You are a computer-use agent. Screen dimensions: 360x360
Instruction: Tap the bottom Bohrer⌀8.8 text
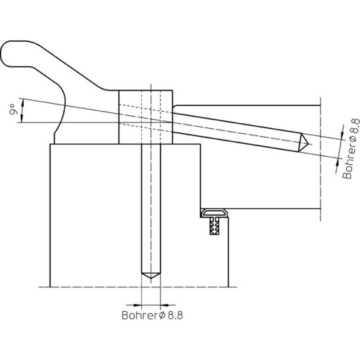[153, 315]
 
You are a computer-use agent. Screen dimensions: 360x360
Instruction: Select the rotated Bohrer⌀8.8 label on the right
[351, 149]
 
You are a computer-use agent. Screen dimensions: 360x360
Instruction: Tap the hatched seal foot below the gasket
[214, 225]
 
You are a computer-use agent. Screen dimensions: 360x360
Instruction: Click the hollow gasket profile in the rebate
[214, 212]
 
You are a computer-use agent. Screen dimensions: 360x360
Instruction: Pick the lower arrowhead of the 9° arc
[22, 119]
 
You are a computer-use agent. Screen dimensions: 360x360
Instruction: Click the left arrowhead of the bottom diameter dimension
[137, 305]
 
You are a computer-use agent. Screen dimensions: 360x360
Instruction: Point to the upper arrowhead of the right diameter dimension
[343, 136]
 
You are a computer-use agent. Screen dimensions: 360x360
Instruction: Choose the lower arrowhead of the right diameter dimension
[338, 163]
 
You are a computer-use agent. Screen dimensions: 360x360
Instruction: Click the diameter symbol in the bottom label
[162, 315]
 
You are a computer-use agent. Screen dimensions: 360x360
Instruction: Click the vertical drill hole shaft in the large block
[150, 209]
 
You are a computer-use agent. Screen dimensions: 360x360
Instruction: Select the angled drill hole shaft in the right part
[236, 132]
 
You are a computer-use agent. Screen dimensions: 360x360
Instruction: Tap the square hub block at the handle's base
[145, 117]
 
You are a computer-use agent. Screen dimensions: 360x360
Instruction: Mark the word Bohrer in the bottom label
[140, 315]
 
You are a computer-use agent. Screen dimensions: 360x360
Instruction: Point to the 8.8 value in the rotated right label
[354, 127]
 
